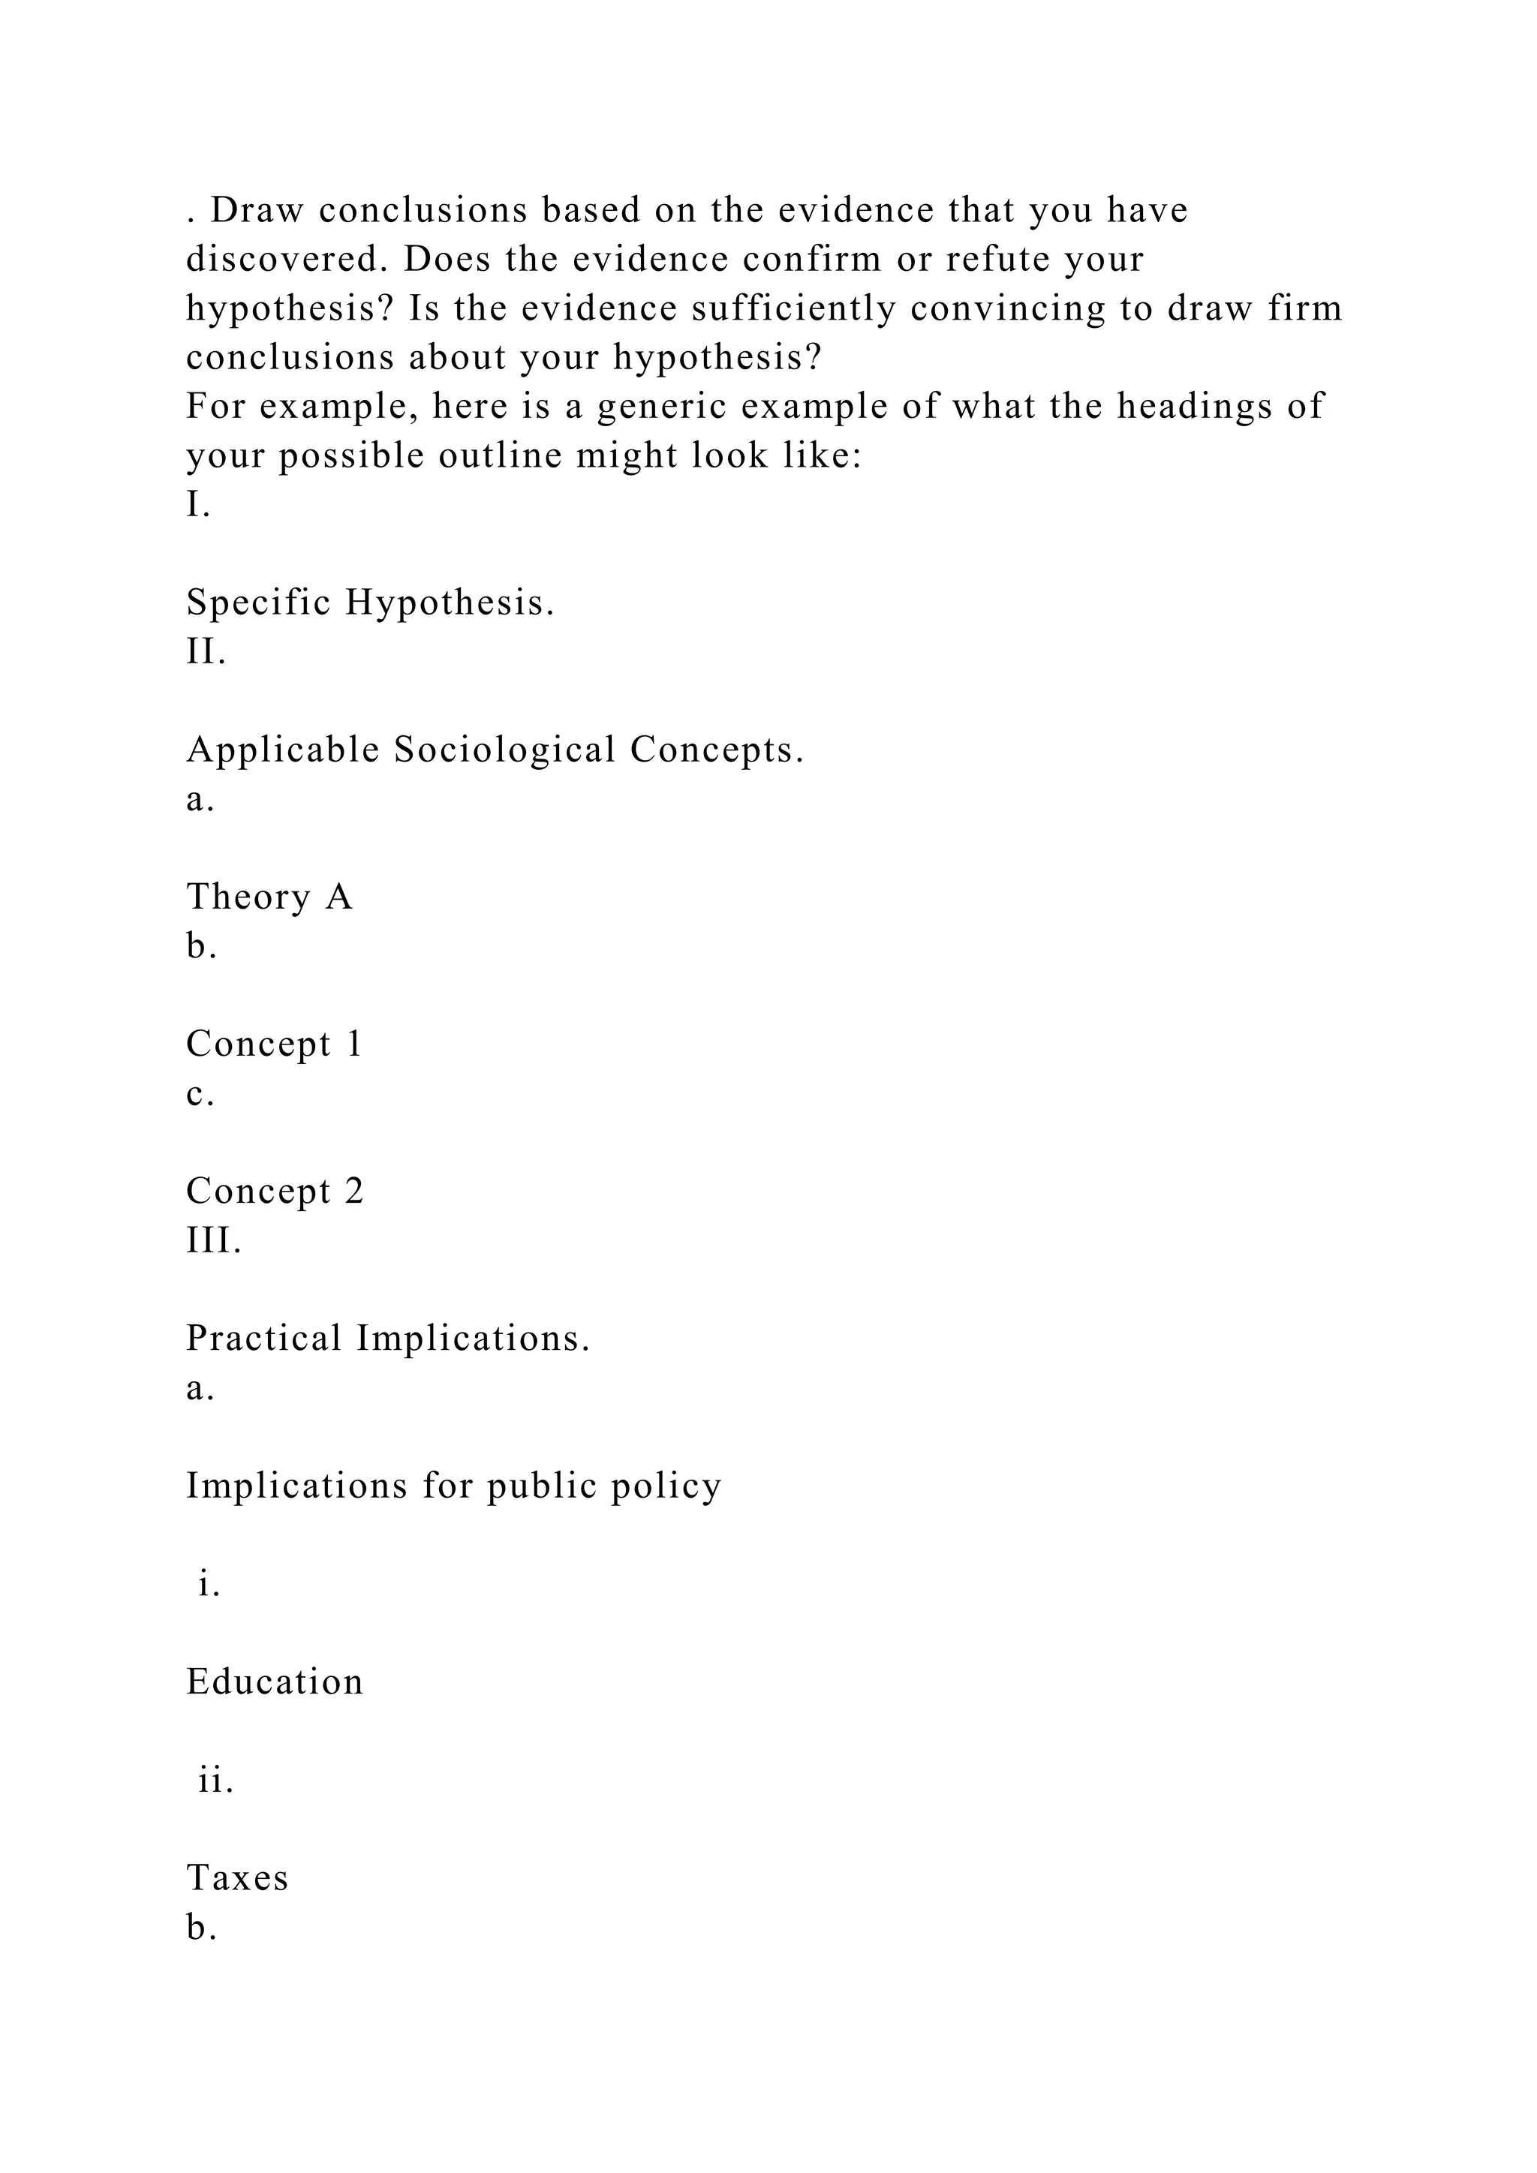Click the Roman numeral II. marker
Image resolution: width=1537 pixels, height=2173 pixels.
[206, 652]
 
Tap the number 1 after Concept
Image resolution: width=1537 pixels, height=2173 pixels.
[354, 1044]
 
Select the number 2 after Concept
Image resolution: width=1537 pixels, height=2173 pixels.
[354, 1192]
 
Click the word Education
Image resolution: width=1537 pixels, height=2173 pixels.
[275, 1682]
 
